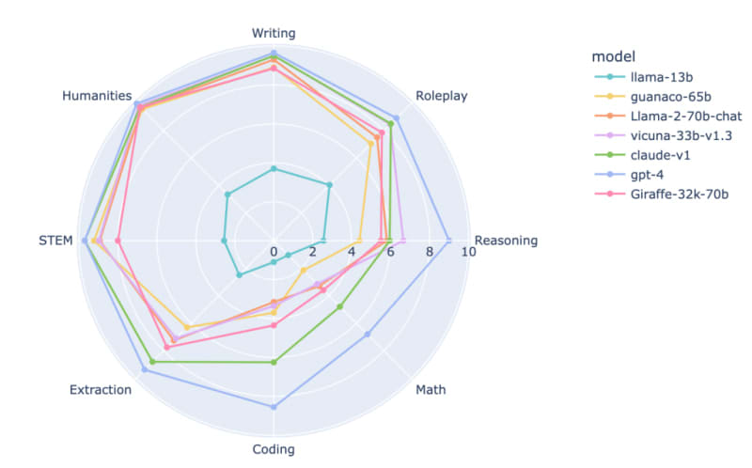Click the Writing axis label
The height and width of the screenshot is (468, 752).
274,33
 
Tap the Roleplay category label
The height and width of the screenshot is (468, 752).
441,96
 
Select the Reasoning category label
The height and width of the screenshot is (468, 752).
507,241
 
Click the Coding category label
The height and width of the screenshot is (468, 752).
274,448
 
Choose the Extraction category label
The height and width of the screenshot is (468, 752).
101,389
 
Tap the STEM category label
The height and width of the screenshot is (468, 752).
55,241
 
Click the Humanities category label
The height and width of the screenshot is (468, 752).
96,96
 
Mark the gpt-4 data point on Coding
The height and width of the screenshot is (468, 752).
274,407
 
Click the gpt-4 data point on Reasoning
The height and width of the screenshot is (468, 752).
448,241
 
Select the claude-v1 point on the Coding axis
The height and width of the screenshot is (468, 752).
274,362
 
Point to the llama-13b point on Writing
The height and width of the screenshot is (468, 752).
274,168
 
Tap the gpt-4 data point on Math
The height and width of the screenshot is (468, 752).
368,334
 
